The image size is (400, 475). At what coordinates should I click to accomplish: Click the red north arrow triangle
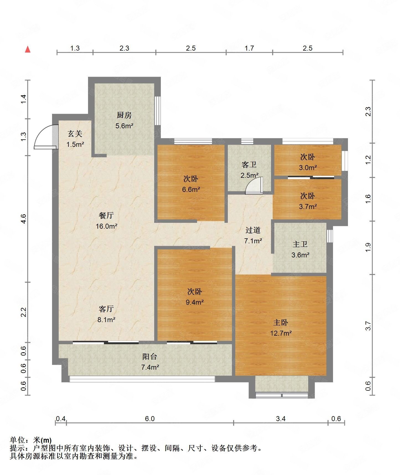pos(28,49)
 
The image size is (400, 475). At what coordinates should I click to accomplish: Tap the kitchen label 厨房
pos(124,115)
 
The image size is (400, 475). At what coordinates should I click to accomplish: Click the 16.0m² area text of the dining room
pos(107,226)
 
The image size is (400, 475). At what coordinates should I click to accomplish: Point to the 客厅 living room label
pos(106,309)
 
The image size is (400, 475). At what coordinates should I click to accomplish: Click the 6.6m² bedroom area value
pos(191,190)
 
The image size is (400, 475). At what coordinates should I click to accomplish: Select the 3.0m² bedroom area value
pos(308,168)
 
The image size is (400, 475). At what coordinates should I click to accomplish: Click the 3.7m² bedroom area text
pos(308,207)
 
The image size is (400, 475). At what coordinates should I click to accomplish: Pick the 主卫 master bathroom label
pos(300,244)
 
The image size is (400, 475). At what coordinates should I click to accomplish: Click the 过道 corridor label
pos(253,230)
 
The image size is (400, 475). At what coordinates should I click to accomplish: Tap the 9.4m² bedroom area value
pos(195,302)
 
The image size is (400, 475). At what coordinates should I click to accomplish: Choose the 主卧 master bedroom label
pos(281,322)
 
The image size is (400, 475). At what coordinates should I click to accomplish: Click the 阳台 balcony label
pos(150,357)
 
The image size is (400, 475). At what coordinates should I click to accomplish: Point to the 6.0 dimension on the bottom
pos(150,419)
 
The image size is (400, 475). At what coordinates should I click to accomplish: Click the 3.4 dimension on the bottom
pos(281,419)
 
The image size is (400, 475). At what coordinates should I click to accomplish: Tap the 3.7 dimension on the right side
pos(368,326)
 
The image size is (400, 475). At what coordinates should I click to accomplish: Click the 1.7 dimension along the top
pos(249,48)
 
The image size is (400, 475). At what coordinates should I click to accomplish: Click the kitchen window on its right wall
pos(158,111)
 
